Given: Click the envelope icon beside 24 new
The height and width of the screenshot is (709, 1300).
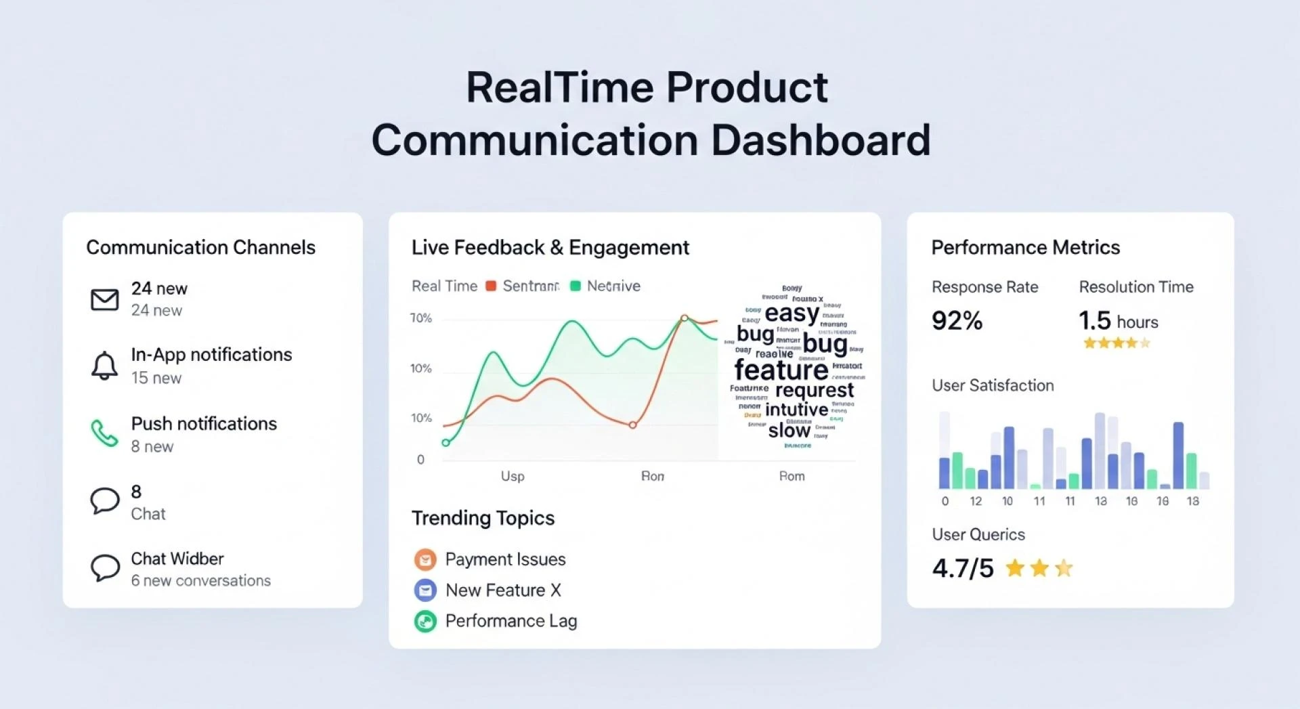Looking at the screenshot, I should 104,299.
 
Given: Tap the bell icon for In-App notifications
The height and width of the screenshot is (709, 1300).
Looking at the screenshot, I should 104,366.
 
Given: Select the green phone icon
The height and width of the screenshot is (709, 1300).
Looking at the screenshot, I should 104,433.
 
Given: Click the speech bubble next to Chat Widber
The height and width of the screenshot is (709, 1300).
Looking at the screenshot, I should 104,568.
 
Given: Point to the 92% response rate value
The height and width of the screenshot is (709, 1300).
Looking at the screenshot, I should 957,320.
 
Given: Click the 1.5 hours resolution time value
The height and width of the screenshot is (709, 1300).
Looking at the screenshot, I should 1118,320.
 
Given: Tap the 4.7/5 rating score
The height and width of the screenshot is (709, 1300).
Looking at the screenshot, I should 963,568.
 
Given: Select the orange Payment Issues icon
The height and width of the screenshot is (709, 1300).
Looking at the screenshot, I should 425,559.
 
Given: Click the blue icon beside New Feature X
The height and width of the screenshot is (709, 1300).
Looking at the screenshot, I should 425,590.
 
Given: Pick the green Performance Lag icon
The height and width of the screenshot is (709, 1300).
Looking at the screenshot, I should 425,621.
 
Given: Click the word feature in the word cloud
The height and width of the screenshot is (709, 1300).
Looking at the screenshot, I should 781,370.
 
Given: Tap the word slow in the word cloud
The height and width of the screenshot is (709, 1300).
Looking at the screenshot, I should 789,430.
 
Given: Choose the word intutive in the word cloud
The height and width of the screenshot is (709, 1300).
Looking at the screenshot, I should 796,410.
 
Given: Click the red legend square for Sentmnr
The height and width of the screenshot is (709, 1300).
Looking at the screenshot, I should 492,286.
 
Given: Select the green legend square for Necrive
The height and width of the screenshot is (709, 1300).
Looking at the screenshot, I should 576,286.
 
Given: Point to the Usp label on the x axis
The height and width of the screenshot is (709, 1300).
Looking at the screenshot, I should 513,476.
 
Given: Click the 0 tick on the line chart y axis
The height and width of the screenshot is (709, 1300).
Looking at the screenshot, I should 420,460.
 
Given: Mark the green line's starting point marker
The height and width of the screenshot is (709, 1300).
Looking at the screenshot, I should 446,443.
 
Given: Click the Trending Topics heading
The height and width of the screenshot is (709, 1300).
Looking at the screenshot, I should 483,518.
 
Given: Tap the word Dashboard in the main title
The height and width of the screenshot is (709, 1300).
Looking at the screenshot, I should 821,140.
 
